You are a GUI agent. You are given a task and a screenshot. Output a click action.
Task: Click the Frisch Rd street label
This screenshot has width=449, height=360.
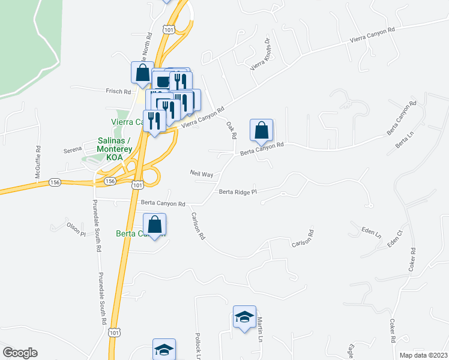(119, 92)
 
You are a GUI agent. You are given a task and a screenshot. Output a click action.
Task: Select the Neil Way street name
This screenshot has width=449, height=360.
(202, 173)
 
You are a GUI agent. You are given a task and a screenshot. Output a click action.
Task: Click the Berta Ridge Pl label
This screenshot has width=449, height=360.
(238, 192)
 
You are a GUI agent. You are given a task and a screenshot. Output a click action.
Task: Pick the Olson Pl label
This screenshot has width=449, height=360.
(76, 229)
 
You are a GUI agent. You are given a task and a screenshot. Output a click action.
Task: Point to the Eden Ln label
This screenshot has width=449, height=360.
(371, 230)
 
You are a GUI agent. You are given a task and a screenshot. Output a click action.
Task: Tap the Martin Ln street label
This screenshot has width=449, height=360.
(261, 329)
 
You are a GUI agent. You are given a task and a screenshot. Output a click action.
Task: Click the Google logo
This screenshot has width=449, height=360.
(20, 352)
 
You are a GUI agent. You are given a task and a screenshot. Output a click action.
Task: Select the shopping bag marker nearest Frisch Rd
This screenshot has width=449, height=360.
(143, 73)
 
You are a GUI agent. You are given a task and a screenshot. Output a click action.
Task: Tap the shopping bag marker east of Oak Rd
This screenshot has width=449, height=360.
(262, 130)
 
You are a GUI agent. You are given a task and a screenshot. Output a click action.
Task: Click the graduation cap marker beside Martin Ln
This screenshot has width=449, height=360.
(244, 317)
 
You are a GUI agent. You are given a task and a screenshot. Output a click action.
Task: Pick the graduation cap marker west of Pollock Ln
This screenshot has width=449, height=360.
(164, 349)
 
